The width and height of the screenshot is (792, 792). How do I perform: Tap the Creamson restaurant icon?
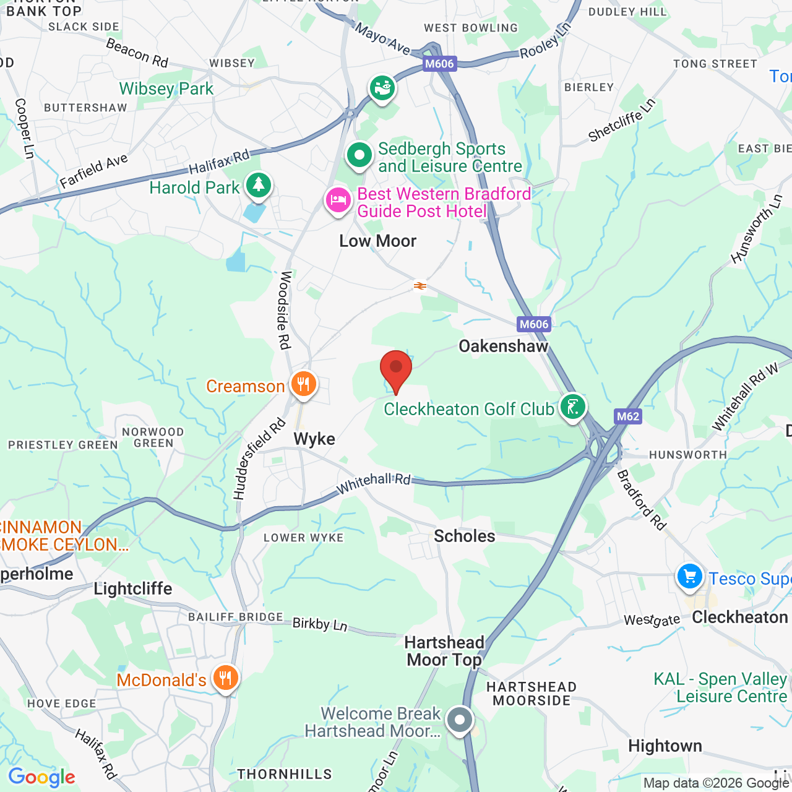coord(303,384)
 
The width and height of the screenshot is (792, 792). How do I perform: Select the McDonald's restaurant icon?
coord(226,678)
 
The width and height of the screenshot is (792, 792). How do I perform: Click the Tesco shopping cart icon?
coord(689,577)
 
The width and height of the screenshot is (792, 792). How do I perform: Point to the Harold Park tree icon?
coord(259,185)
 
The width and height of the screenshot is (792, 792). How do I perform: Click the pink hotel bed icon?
coord(338,200)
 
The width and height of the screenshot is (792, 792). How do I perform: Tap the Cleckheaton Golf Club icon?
coord(573,407)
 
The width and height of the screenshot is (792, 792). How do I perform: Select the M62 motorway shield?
coord(627,416)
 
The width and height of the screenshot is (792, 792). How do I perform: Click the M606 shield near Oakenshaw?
coord(533,324)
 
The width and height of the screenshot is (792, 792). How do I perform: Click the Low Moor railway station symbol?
coord(420,286)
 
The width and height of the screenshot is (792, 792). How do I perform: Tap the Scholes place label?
coord(464,536)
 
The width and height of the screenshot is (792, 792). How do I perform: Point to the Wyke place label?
coord(314,439)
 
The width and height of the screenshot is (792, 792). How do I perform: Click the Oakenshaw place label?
coord(503,346)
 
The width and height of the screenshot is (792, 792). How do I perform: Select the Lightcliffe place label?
coord(133,588)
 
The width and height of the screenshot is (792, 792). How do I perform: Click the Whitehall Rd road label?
coord(373,483)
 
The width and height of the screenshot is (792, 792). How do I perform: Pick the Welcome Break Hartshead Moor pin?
coord(460,720)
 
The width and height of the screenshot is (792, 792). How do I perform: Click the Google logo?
coord(41,777)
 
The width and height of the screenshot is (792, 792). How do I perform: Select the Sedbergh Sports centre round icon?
coord(359,155)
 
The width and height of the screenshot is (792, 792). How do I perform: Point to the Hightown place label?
coord(665,746)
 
